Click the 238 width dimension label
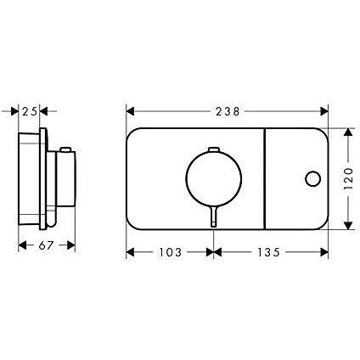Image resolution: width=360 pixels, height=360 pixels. click(228, 111)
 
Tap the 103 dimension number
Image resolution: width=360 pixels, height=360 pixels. click(170, 252)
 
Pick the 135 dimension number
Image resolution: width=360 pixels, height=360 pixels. click(268, 252)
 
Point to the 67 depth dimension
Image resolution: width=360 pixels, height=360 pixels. click(46, 245)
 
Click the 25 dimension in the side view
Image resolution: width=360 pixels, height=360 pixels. click(30, 111)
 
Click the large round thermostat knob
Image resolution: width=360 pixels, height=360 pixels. click(214, 177)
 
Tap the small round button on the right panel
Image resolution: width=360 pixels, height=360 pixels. click(312, 178)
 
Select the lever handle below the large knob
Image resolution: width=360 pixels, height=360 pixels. click(214, 216)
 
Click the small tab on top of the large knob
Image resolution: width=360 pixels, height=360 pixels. click(214, 149)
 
